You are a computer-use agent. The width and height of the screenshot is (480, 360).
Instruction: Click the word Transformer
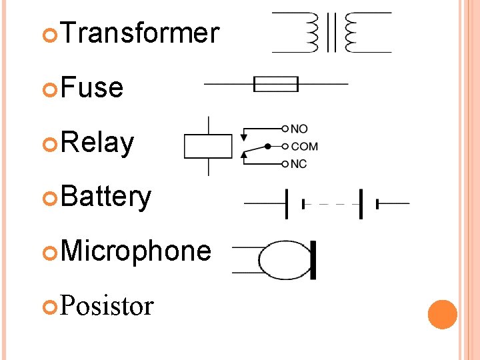click(x=140, y=32)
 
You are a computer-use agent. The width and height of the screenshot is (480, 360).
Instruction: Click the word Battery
click(x=107, y=197)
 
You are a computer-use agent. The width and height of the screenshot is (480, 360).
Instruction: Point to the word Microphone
click(x=136, y=251)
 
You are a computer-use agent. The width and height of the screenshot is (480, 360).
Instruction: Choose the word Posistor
click(x=107, y=306)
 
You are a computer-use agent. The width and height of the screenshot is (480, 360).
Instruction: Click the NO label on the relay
click(x=299, y=128)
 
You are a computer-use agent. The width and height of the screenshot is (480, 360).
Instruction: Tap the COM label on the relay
click(x=304, y=146)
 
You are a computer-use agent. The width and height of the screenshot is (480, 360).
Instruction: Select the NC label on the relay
click(x=299, y=164)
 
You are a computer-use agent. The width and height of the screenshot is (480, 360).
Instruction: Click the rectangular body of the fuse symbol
click(x=276, y=84)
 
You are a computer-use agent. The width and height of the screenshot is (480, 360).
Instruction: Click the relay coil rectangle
click(x=208, y=146)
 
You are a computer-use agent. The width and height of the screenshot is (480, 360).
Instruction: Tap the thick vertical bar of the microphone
click(x=313, y=260)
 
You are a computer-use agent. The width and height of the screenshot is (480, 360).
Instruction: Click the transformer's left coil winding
click(x=311, y=32)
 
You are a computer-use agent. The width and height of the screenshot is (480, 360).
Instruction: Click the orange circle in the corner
click(x=443, y=315)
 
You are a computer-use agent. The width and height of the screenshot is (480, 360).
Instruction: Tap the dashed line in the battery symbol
click(x=331, y=204)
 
